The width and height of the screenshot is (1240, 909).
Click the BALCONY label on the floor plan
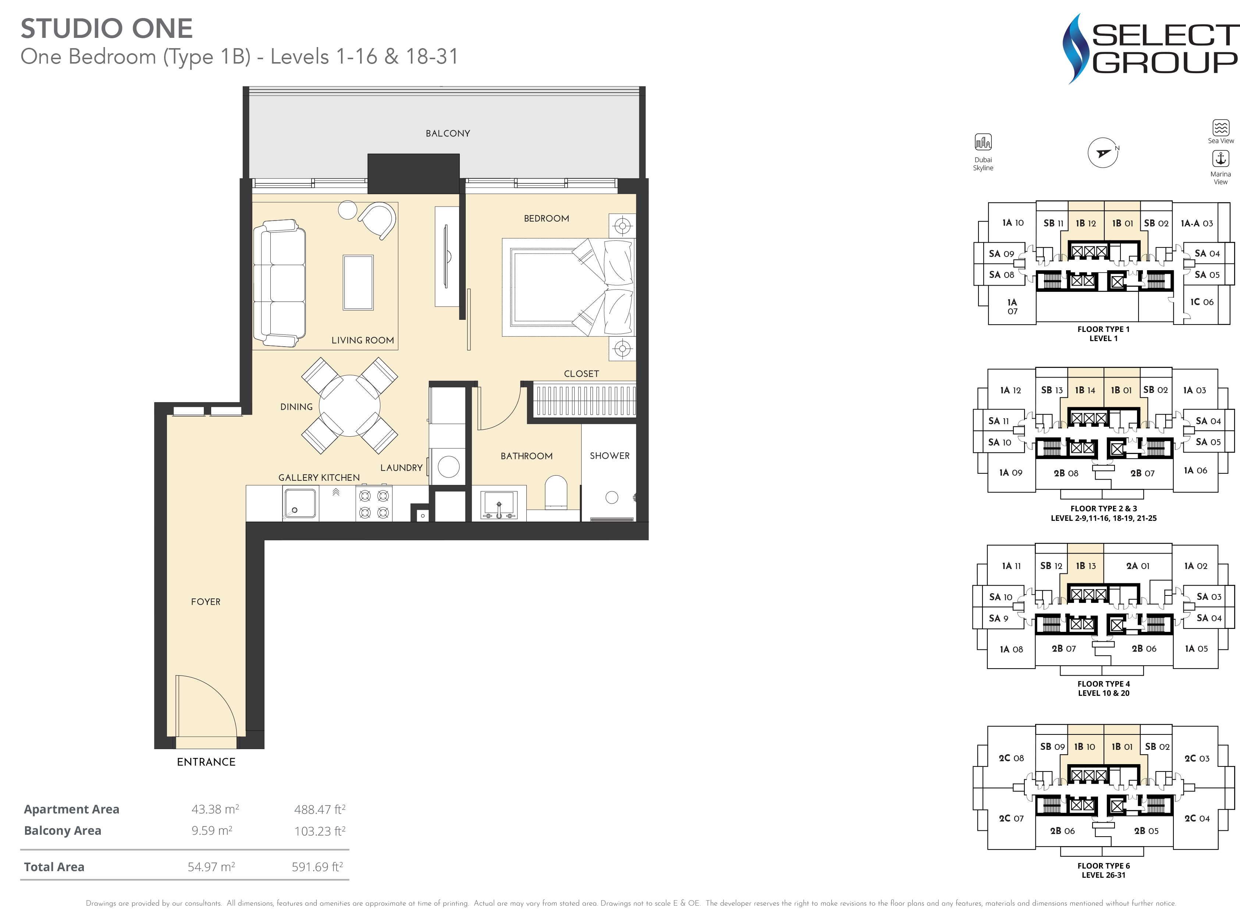coord(448,133)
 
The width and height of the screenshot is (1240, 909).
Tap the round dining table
coord(350,405)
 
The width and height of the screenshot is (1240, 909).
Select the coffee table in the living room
coord(358,282)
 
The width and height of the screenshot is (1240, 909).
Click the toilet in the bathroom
coord(556,492)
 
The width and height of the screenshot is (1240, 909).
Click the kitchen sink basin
coord(300,502)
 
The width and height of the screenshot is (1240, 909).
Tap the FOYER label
coord(205,601)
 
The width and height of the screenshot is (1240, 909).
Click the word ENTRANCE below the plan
coord(206,762)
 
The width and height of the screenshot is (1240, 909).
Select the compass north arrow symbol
coord(1103,153)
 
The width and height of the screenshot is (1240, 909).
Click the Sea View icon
coord(1221,128)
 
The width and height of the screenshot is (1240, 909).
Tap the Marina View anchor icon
coord(1221,158)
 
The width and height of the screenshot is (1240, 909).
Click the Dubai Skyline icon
coord(983,142)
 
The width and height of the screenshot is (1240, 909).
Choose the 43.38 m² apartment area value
coord(215,809)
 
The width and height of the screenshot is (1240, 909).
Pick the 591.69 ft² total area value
coord(318,867)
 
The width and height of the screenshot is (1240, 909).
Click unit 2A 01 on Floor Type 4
coord(1138,566)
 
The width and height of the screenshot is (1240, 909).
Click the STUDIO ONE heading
coord(107,29)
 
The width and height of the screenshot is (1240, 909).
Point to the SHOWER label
coord(610,455)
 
